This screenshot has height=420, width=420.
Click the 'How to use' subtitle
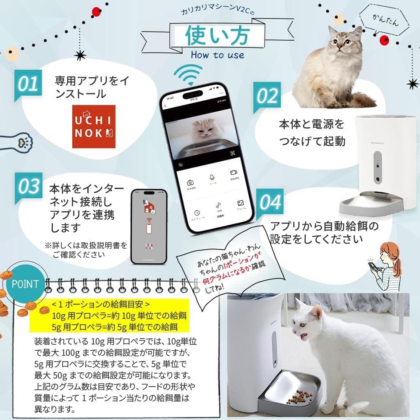pos(217,55)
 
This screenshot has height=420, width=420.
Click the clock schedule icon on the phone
pos(197,213)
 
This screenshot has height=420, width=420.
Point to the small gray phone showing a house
pos(148,226)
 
